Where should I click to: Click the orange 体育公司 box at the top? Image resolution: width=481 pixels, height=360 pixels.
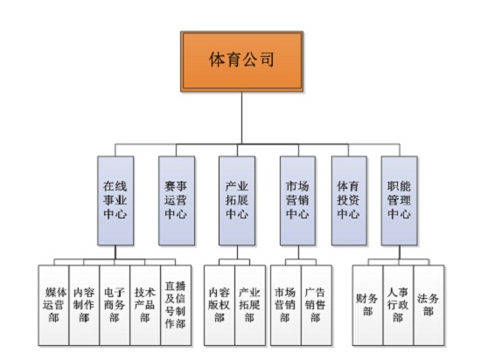(x=241, y=60)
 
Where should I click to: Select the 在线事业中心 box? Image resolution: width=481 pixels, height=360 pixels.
(x=116, y=200)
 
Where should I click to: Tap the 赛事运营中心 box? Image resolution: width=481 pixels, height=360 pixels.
(x=175, y=200)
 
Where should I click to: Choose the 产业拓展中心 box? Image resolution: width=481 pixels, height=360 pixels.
(x=236, y=200)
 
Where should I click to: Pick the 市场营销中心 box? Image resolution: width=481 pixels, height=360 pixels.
(x=296, y=200)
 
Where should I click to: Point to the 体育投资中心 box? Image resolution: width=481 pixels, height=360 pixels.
(x=348, y=200)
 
